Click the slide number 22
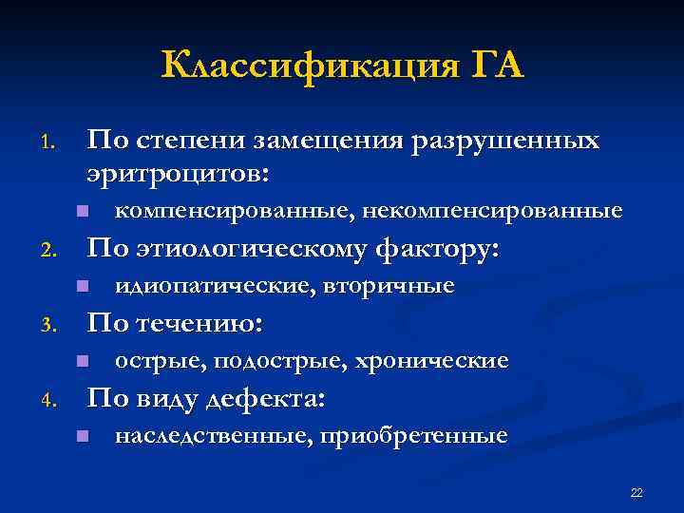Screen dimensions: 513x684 coord(636,492)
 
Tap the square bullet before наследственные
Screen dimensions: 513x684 coord(82,436)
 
